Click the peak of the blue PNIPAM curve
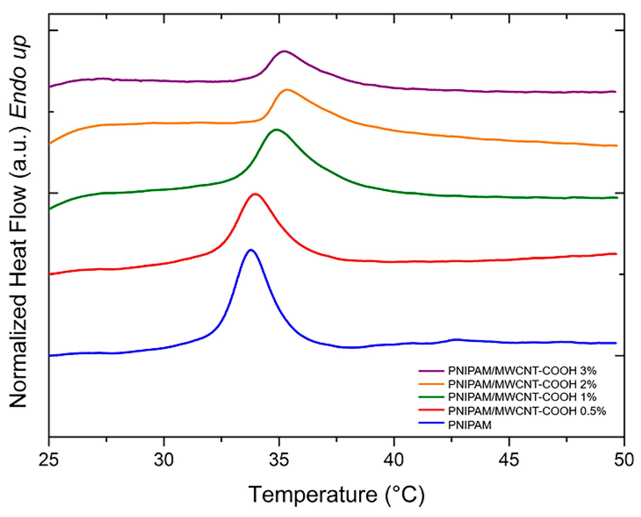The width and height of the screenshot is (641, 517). [251, 250]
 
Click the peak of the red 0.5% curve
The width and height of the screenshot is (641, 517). [255, 194]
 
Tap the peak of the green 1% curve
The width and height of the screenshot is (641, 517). [276, 130]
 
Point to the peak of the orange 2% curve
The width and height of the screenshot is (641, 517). [287, 90]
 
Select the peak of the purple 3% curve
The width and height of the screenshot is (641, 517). [284, 51]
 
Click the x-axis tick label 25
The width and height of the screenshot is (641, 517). [49, 460]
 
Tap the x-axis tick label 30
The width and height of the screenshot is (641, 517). [164, 460]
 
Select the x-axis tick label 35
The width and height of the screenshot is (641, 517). [279, 460]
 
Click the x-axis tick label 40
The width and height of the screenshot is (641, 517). [394, 460]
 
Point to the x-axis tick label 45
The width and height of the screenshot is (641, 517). [509, 460]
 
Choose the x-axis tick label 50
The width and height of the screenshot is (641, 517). [623, 460]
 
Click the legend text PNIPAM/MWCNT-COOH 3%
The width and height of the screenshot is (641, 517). [522, 371]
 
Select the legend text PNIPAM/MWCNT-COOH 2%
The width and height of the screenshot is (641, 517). [522, 384]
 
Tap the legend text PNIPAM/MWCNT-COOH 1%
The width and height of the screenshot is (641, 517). [522, 397]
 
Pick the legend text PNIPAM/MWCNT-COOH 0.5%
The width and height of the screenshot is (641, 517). [527, 411]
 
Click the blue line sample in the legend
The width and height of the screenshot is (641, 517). [431, 423]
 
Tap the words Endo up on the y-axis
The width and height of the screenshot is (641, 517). [18, 77]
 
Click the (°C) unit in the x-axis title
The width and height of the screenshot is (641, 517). [405, 495]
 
